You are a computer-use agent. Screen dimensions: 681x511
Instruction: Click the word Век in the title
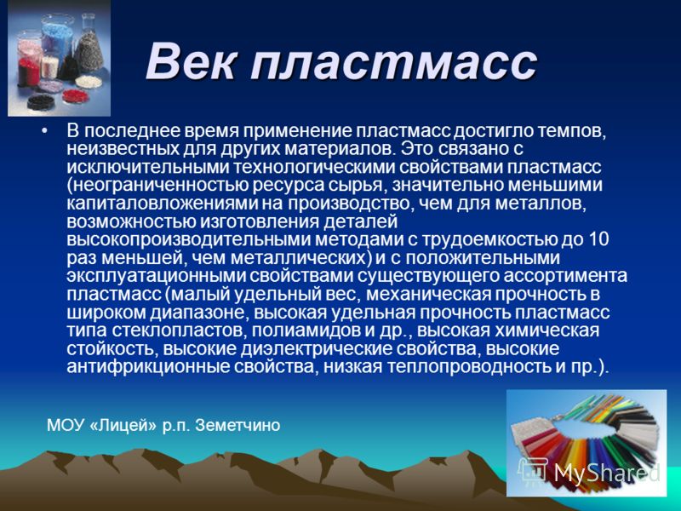coord(192,62)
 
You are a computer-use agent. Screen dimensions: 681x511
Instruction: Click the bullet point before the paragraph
coord(45,130)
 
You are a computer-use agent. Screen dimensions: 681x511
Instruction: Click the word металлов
coord(544,204)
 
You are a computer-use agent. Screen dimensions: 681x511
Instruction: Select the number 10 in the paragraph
coord(598,240)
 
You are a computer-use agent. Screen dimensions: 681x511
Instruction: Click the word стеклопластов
coord(177,331)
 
